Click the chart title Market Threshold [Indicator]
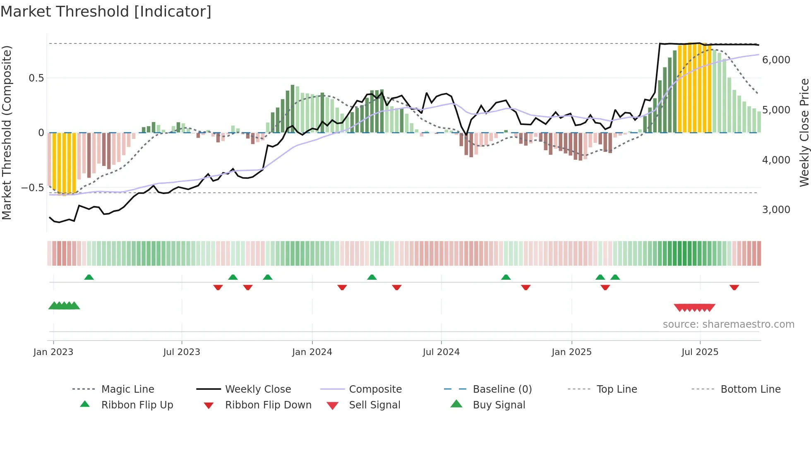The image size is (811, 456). (x=106, y=12)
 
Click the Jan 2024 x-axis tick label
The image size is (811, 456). (x=312, y=352)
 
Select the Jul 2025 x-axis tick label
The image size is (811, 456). (x=700, y=352)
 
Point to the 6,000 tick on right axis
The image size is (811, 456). (x=776, y=60)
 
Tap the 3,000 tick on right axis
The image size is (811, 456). (x=776, y=210)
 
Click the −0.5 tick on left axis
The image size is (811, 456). (x=33, y=188)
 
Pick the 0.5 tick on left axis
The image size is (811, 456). (x=36, y=78)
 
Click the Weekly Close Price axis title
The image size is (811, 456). (x=804, y=132)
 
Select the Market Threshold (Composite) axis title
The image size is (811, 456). (x=7, y=132)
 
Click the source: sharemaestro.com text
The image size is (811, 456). (x=728, y=324)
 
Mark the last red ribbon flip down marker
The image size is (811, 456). (x=734, y=288)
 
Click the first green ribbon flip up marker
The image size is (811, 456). (x=89, y=277)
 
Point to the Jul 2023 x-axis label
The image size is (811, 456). (x=182, y=352)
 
